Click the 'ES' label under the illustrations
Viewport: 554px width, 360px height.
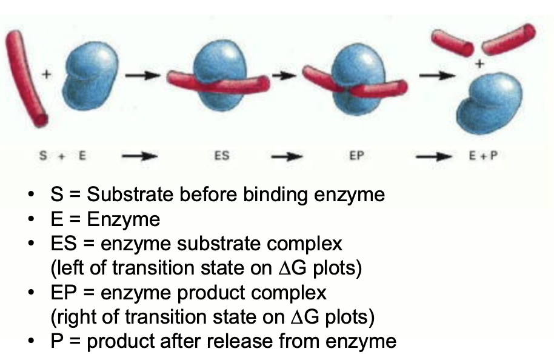(x=222, y=156)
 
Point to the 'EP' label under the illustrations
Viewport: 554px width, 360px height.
(x=356, y=156)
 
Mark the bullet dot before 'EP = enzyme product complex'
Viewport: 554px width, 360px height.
(x=31, y=293)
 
